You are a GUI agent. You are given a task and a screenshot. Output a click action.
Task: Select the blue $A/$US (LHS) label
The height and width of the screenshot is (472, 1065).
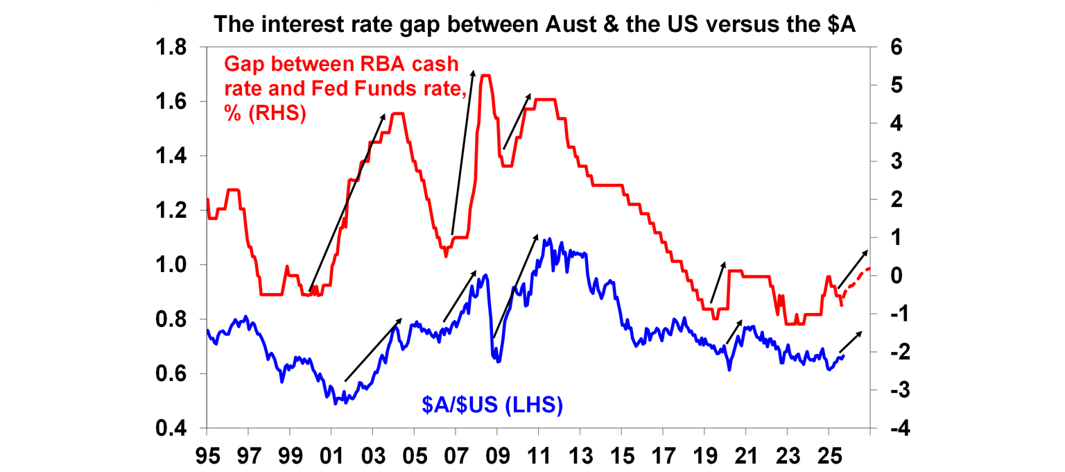491,404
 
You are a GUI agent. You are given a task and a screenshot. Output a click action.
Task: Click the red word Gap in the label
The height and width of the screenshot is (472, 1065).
245,65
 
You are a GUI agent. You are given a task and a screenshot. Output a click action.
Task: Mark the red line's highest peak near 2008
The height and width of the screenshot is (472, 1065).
485,76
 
